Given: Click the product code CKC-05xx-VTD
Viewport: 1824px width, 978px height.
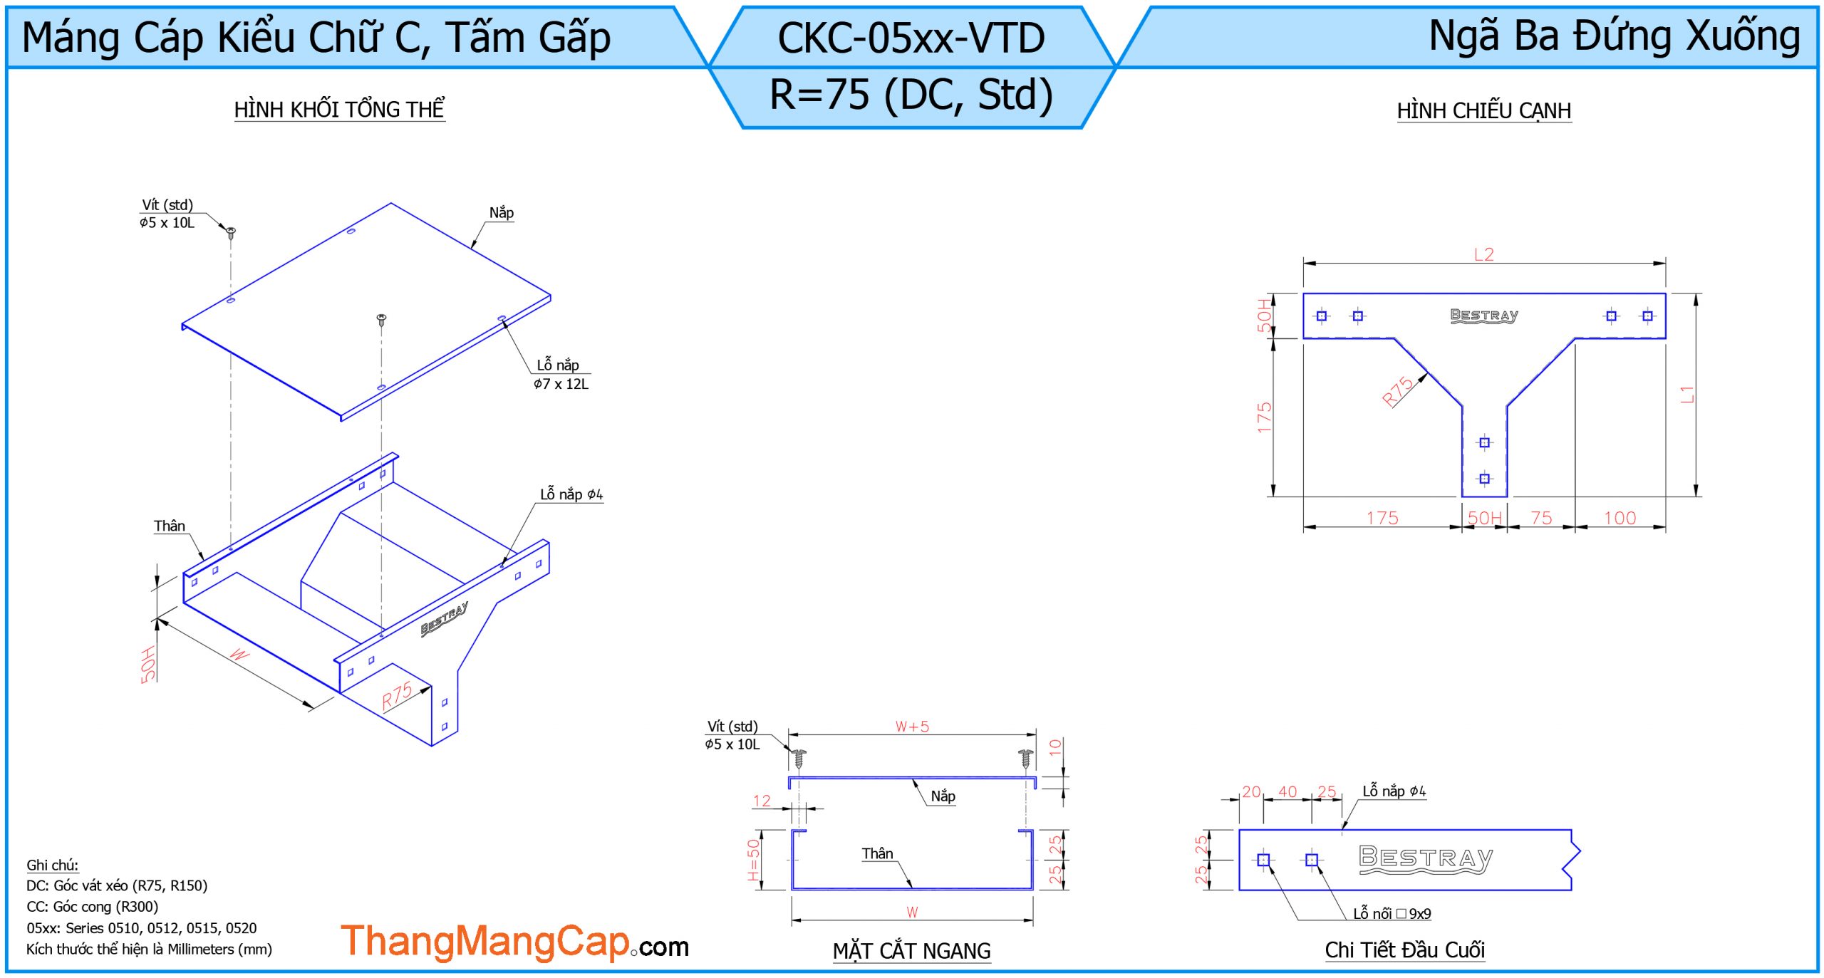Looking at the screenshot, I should point(911,38).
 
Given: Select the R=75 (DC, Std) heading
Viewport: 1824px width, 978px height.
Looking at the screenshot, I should point(911,95).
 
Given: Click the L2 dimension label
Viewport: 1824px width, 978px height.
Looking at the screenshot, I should point(1483,254).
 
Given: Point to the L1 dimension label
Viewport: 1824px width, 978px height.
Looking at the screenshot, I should point(1687,394).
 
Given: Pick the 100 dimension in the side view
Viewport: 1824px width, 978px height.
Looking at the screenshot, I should point(1620,518).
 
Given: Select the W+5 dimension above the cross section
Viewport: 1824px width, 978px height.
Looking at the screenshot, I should point(912,727).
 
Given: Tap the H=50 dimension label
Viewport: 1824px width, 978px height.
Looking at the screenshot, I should point(753,859).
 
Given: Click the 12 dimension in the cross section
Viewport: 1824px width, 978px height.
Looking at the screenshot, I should point(762,801).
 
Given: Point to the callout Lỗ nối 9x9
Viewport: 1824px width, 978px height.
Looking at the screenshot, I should point(1392,913).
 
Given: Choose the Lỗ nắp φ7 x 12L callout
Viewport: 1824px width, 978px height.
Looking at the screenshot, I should point(561,374).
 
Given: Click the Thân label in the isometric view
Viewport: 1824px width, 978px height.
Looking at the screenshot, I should point(170,526).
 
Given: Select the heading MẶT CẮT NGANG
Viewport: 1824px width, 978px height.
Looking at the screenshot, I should point(911,951).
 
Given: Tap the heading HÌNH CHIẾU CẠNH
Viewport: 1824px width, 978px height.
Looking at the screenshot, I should point(1483,111).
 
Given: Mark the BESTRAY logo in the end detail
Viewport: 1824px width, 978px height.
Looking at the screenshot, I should point(1425,858).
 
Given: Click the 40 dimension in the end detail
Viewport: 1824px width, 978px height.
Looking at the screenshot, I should point(1287,791).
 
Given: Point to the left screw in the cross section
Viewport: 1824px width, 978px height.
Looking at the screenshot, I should point(799,758).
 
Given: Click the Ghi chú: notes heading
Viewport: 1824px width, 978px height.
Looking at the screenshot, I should point(52,865).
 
